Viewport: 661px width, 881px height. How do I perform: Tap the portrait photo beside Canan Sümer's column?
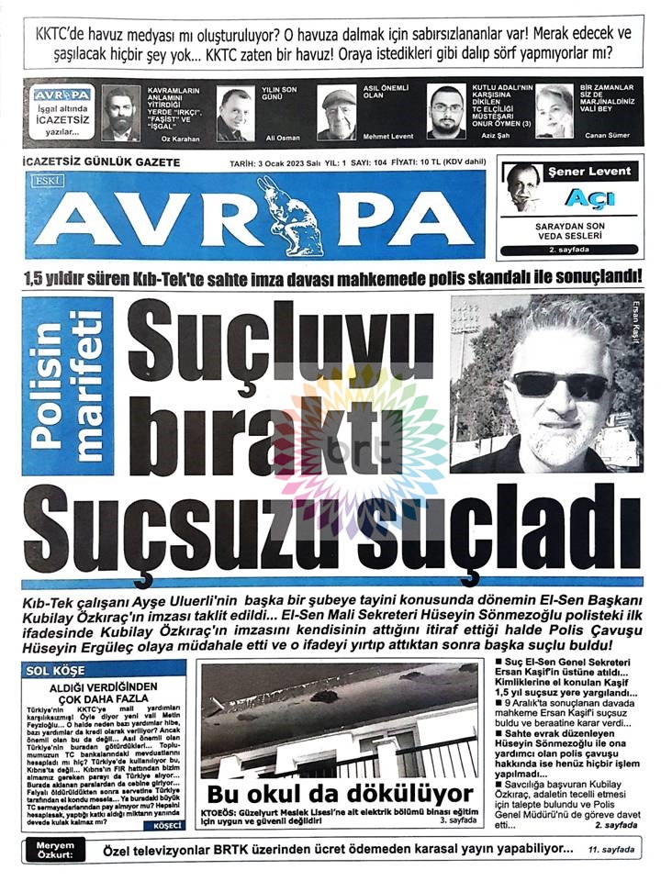555,110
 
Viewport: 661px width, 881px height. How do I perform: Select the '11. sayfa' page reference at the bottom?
611,851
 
